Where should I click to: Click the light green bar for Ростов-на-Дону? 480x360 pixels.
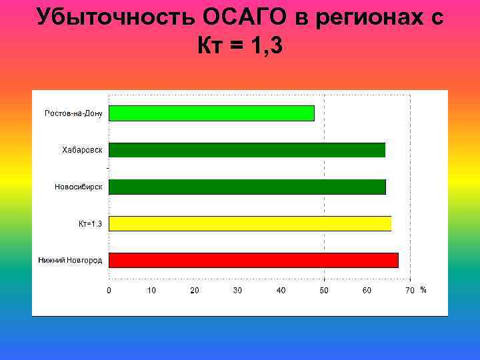[x=211, y=113]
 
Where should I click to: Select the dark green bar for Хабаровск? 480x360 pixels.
[x=247, y=150]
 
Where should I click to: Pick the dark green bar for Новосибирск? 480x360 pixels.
[x=247, y=187]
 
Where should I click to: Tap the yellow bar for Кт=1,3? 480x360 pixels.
[x=250, y=223]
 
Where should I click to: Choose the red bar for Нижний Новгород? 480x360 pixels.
[x=253, y=260]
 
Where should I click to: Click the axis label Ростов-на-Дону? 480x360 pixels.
[x=73, y=113]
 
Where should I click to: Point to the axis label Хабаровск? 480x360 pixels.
[x=82, y=150]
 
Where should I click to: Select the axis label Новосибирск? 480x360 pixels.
[x=79, y=187]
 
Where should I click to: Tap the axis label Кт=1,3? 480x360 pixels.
[x=90, y=223]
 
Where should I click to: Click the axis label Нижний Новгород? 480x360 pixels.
[x=70, y=260]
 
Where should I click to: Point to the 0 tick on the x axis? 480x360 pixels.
[x=109, y=290]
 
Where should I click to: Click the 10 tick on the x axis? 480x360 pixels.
[x=152, y=290]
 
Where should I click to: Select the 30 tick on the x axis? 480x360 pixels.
[x=238, y=290]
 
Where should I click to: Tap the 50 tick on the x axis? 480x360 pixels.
[x=324, y=290]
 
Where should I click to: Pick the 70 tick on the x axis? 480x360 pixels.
[x=410, y=290]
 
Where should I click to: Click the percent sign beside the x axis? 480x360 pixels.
[x=423, y=290]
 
